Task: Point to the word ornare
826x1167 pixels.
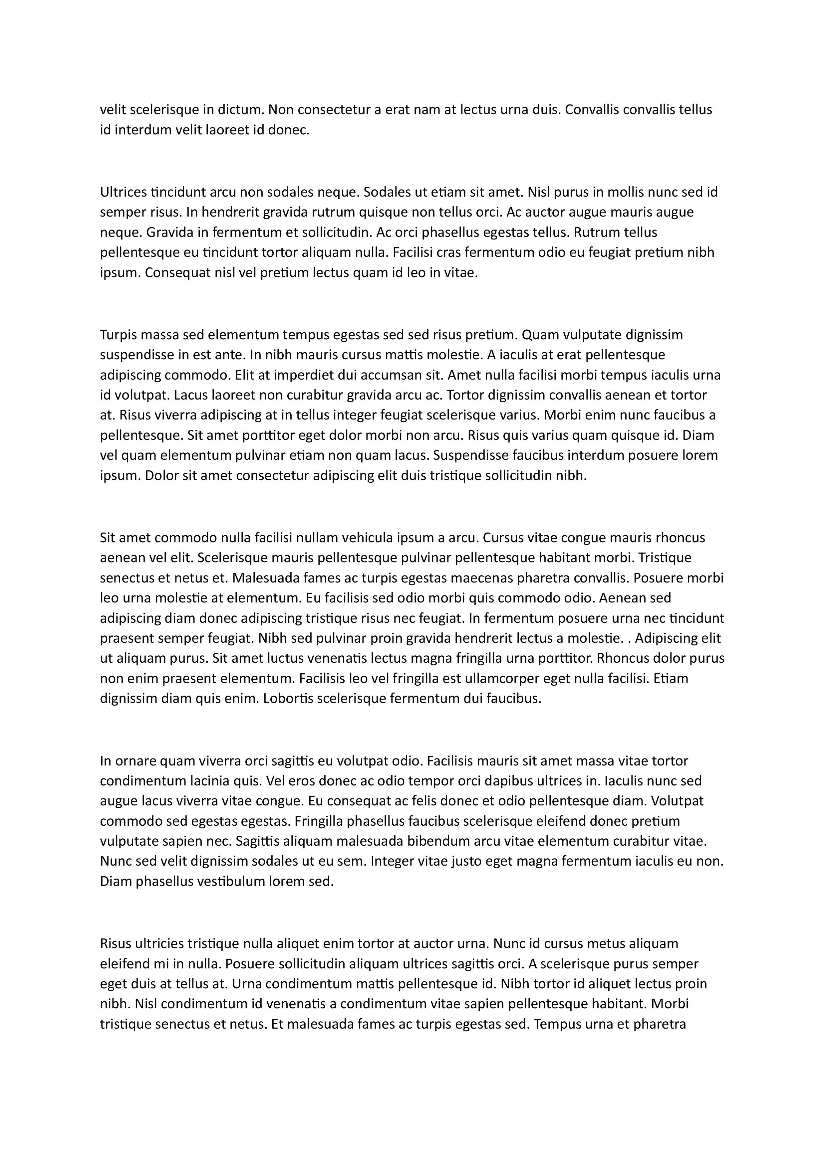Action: point(135,761)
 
